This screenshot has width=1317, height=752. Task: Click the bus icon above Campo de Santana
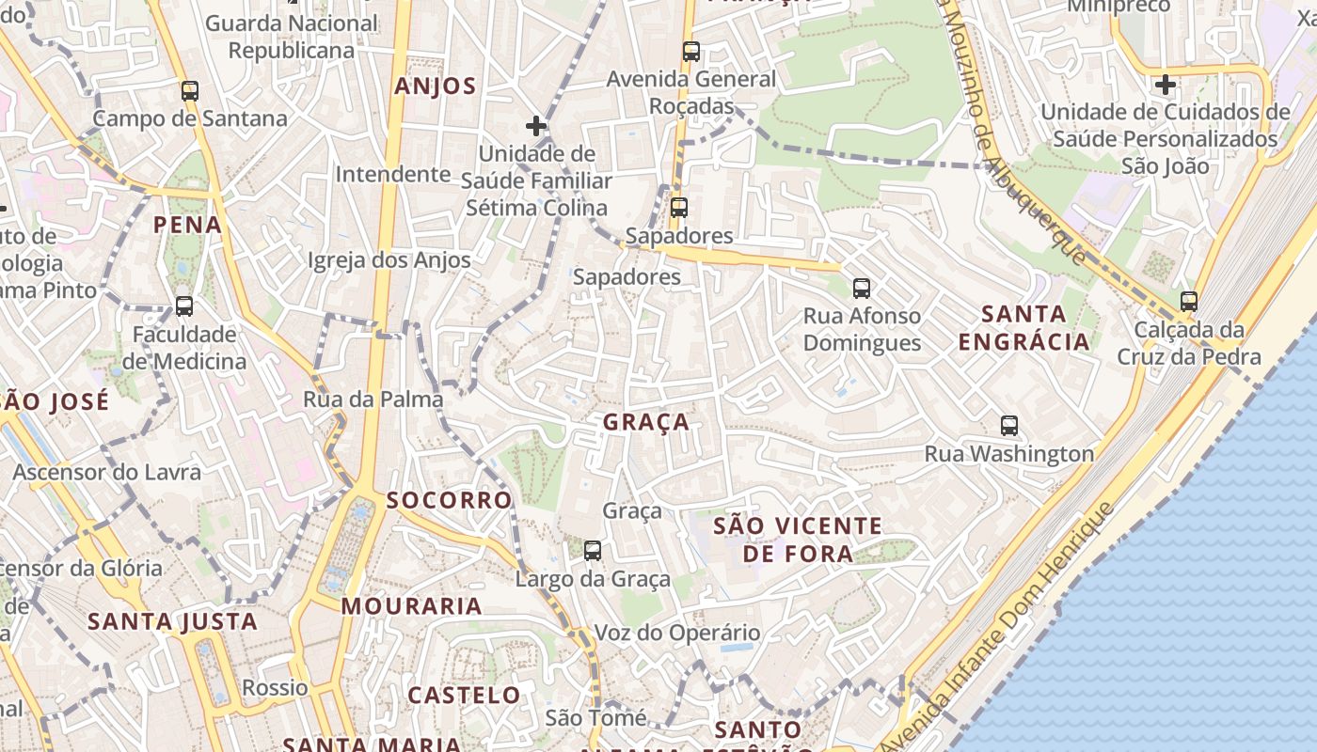[x=190, y=91]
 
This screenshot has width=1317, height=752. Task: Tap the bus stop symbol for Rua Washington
[x=1009, y=426]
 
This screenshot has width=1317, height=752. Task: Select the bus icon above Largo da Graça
[x=593, y=551]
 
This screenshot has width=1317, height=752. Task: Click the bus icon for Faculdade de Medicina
[x=184, y=306]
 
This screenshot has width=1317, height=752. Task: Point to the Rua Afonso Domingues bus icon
[x=862, y=289]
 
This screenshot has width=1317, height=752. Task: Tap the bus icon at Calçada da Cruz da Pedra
[x=1189, y=302]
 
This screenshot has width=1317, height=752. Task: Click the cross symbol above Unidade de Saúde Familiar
[x=536, y=126]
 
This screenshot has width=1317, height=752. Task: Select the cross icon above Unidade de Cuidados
[x=1166, y=85]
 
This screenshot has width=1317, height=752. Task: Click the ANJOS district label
[x=436, y=86]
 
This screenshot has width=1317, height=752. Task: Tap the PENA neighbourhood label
[x=188, y=225]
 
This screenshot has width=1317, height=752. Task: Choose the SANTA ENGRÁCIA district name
[x=1023, y=327]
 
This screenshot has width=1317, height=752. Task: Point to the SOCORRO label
[x=450, y=499]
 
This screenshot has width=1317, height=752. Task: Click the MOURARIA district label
[x=412, y=606]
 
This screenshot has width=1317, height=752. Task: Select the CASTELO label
[x=464, y=696]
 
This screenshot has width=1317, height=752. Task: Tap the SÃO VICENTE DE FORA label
[x=798, y=539]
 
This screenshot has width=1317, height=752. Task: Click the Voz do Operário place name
[x=676, y=633]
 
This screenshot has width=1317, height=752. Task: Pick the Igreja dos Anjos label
[x=389, y=260]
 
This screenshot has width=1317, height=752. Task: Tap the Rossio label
[x=275, y=687]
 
